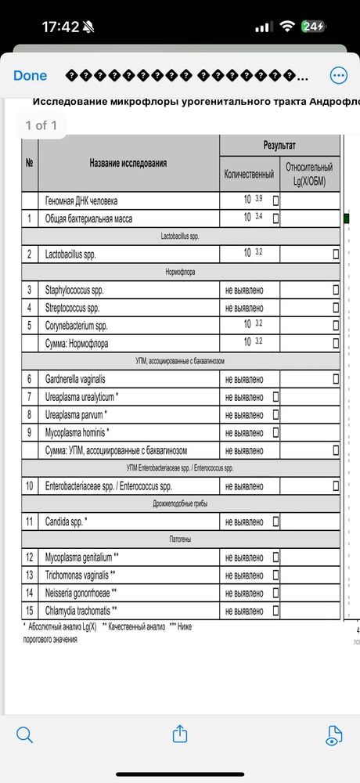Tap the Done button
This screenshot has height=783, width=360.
click(31, 76)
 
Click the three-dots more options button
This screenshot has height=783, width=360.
click(338, 76)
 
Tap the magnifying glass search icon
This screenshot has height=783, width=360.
click(24, 734)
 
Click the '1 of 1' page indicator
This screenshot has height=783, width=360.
click(41, 125)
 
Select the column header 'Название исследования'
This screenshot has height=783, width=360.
click(128, 164)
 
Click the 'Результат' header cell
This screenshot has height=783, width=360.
click(279, 146)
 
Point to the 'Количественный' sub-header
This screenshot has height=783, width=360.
click(249, 174)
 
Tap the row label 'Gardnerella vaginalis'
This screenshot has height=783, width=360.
click(80, 379)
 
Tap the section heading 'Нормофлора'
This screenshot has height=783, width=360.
click(182, 272)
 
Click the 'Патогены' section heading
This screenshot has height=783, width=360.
click(181, 539)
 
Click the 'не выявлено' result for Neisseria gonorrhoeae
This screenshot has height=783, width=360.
click(244, 593)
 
